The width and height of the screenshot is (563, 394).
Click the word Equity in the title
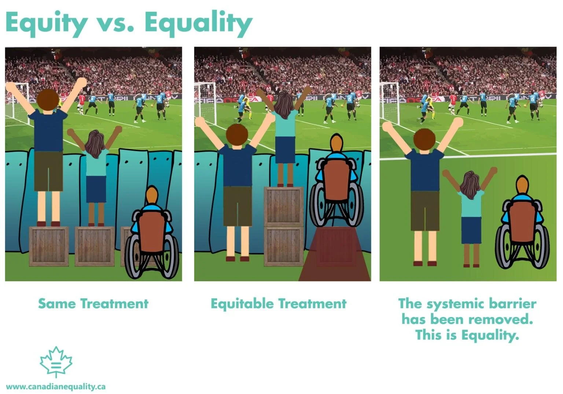pyautogui.click(x=46, y=23)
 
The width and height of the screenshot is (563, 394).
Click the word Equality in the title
pyautogui.click(x=198, y=23)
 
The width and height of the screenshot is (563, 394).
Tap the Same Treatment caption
pyautogui.click(x=93, y=303)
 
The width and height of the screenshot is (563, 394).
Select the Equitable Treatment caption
pyautogui.click(x=278, y=303)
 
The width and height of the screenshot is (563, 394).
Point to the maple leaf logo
pyautogui.click(x=56, y=362)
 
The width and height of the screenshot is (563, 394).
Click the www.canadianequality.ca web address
pyautogui.click(x=56, y=387)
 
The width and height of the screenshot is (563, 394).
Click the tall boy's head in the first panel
pyautogui.click(x=48, y=99)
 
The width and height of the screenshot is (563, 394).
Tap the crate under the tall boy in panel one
pyautogui.click(x=49, y=246)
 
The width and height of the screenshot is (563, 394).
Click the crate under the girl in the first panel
pyautogui.click(x=95, y=246)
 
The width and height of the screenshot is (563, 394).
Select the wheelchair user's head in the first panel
pyautogui.click(x=152, y=195)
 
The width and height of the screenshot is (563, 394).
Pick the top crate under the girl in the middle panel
pyautogui.click(x=284, y=206)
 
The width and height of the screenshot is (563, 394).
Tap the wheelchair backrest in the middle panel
pyautogui.click(x=336, y=180)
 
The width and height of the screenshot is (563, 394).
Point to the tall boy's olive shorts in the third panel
pyautogui.click(x=425, y=211)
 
